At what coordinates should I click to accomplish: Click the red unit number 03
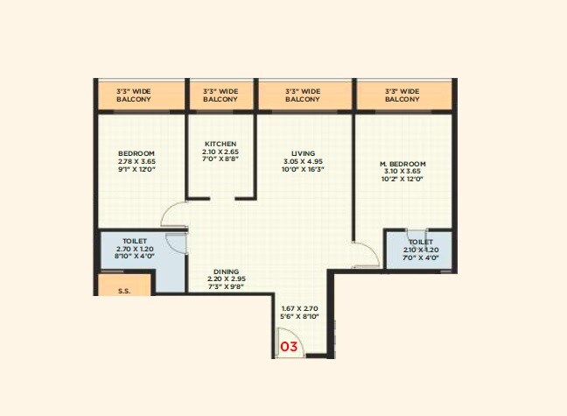(x=289, y=347)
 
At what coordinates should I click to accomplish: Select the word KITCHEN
(x=220, y=144)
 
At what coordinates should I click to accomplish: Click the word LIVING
(x=304, y=154)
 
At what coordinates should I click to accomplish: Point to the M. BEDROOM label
(x=402, y=164)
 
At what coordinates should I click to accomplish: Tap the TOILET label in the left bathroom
(x=135, y=241)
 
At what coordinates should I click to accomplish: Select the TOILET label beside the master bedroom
(x=421, y=242)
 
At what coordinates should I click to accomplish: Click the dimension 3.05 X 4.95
(x=304, y=162)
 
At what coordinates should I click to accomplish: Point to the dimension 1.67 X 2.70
(x=298, y=308)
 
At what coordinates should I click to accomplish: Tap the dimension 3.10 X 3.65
(x=402, y=172)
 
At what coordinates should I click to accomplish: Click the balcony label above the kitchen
(x=220, y=95)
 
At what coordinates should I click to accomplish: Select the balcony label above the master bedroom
(x=402, y=95)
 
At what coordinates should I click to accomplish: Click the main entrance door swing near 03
(x=286, y=339)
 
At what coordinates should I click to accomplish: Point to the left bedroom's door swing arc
(x=174, y=215)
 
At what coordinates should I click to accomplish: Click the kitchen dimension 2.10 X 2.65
(x=220, y=152)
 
